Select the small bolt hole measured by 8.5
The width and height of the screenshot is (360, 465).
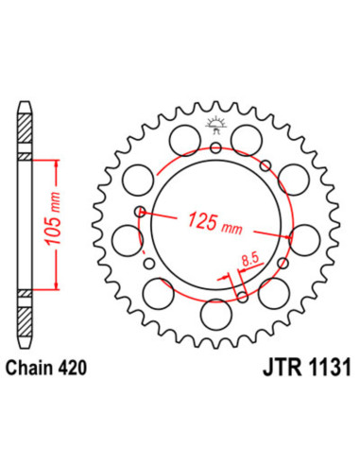243,298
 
